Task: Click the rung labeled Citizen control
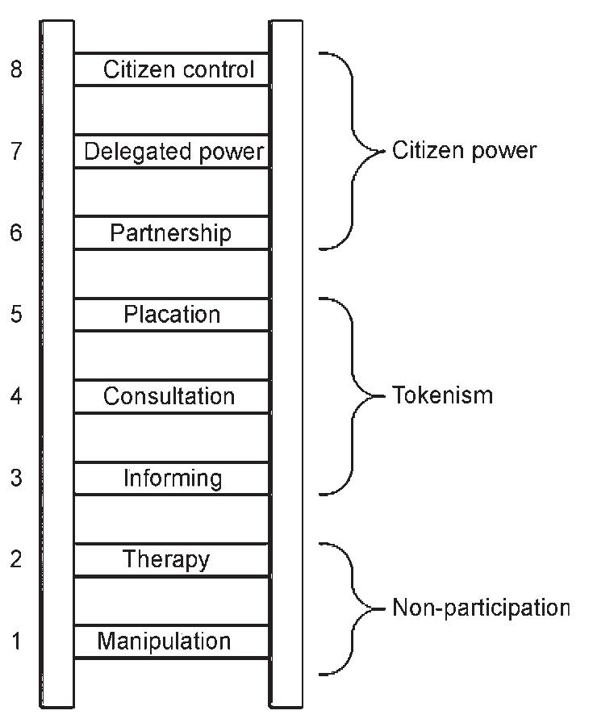point(178,69)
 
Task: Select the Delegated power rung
point(173,152)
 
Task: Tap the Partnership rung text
point(170,233)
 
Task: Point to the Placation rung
point(172,315)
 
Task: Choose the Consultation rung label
point(169,396)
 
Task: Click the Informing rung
point(172,479)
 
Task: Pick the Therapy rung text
point(166,559)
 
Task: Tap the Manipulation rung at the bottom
point(164,642)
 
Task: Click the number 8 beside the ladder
point(16,69)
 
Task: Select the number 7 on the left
point(16,152)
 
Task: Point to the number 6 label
point(16,233)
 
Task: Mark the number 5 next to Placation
point(16,315)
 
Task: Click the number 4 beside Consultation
point(16,396)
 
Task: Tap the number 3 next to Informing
point(16,479)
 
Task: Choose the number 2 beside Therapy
point(16,559)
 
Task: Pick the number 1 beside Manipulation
point(16,642)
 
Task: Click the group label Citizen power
point(464,151)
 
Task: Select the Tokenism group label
point(441,395)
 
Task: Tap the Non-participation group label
point(481,608)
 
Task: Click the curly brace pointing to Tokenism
point(353,395)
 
